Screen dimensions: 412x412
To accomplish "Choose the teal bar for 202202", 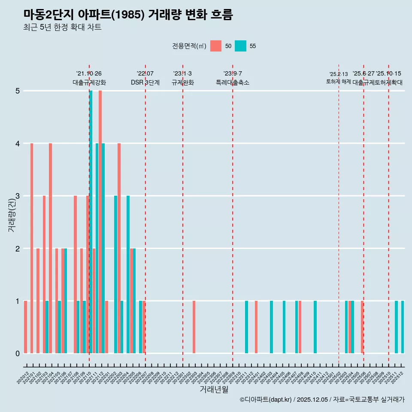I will click(x=115, y=275).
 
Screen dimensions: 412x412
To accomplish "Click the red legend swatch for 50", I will click(x=216, y=46).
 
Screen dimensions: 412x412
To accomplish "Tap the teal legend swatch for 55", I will click(x=241, y=46).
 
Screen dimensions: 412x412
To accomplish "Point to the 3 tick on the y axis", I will click(x=18, y=196).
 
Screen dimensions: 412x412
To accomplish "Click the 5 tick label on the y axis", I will click(x=18, y=91).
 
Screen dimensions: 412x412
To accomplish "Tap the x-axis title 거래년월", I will click(x=214, y=390).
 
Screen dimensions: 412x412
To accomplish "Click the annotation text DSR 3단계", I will click(x=145, y=82).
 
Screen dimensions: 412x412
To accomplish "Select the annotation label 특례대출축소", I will click(x=233, y=82).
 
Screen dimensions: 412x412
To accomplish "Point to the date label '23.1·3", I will click(x=182, y=73).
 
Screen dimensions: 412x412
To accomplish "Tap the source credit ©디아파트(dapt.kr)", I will click(x=266, y=400).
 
